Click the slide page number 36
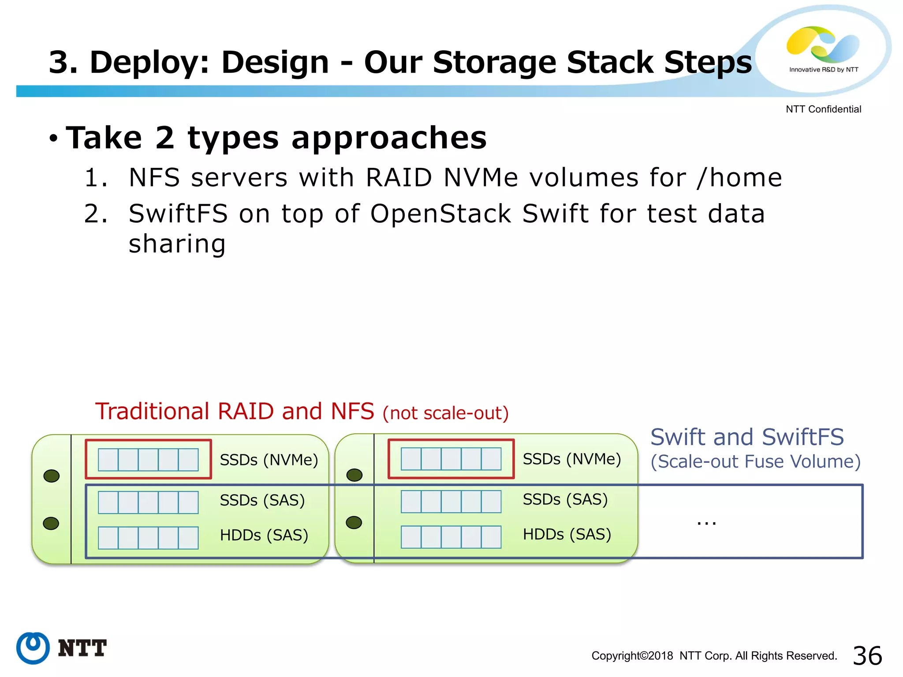coord(867,655)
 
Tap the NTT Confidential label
coord(823,109)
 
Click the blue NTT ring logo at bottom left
coord(33,648)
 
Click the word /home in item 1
coord(739,178)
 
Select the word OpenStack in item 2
coord(440,214)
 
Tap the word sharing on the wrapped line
coord(177,244)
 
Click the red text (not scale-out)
coord(445,413)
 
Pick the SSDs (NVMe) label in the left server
coord(269,460)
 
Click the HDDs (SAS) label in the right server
coord(567,535)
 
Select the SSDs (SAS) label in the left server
coord(262,501)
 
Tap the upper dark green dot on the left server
coord(52,476)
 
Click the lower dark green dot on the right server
coord(354,523)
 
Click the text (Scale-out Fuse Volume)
coord(755,461)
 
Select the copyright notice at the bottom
coord(714,656)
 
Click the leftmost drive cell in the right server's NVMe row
coord(411,459)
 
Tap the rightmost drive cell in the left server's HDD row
coord(188,538)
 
